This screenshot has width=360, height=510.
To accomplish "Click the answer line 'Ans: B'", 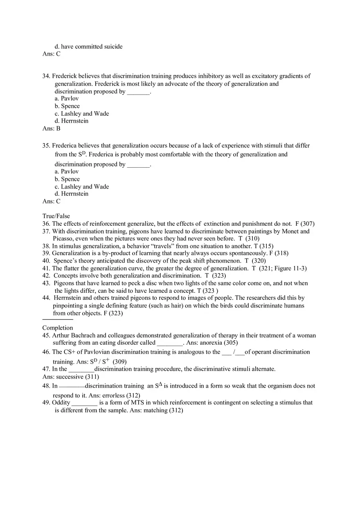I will pyautogui.click(x=51, y=128).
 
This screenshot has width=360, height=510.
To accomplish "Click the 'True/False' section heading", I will pyautogui.click(x=56, y=216).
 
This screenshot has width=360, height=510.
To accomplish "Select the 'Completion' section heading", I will pyautogui.click(x=58, y=328).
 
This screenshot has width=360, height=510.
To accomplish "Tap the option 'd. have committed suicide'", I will pyautogui.click(x=88, y=47).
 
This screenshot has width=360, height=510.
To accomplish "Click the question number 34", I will pyautogui.click(x=46, y=76).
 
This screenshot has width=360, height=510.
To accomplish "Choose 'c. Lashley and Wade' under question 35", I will pyautogui.click(x=82, y=186).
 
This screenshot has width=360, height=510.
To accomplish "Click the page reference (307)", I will pyautogui.click(x=307, y=224).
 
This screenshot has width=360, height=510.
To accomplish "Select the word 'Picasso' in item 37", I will pyautogui.click(x=63, y=238).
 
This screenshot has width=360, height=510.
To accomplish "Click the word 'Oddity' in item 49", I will pyautogui.click(x=61, y=402).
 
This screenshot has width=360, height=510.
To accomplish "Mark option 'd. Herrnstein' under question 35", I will pyautogui.click(x=72, y=194).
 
